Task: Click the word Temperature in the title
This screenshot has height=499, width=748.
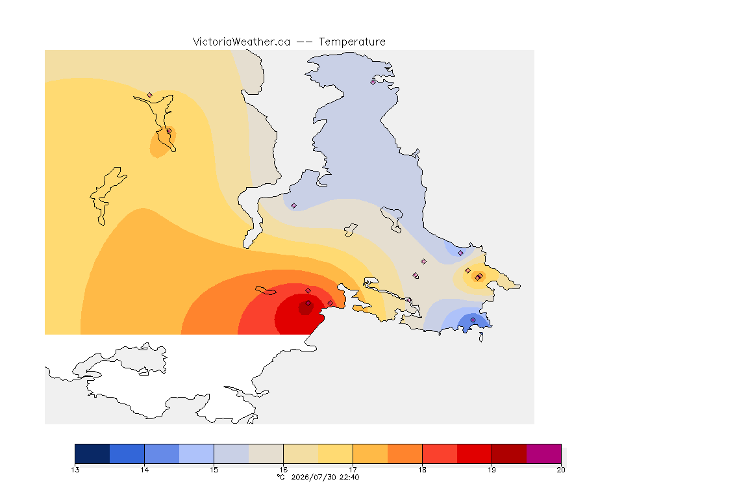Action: pyautogui.click(x=352, y=42)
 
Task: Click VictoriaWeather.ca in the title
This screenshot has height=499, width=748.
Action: pyautogui.click(x=242, y=42)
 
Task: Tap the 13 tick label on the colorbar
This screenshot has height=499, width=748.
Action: pyautogui.click(x=75, y=470)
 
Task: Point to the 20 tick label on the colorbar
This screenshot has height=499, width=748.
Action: pyautogui.click(x=561, y=470)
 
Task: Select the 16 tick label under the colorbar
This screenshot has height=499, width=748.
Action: pyautogui.click(x=283, y=470)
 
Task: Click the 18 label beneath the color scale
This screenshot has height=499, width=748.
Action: pyautogui.click(x=422, y=470)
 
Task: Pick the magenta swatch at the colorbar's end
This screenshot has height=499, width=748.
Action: pyautogui.click(x=544, y=454)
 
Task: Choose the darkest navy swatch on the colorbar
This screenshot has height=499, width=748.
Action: pyautogui.click(x=93, y=454)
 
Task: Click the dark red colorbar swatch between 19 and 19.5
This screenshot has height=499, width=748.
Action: pyautogui.click(x=509, y=454)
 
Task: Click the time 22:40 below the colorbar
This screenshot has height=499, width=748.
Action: pyautogui.click(x=349, y=477)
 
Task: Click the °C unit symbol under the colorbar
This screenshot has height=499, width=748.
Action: pyautogui.click(x=281, y=477)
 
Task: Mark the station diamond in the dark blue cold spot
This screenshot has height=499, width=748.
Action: pyautogui.click(x=473, y=320)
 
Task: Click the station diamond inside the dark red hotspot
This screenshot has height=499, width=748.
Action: pyautogui.click(x=308, y=303)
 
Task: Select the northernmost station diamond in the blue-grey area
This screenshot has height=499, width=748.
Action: pyautogui.click(x=373, y=82)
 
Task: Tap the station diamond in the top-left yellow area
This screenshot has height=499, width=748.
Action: pyautogui.click(x=150, y=96)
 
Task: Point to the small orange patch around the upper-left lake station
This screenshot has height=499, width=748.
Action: pyautogui.click(x=163, y=142)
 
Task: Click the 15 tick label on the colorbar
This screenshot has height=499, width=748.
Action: pyautogui.click(x=214, y=470)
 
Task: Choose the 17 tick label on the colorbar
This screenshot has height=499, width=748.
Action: pyautogui.click(x=353, y=470)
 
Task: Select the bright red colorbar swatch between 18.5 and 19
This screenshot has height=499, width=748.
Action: pyautogui.click(x=474, y=454)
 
